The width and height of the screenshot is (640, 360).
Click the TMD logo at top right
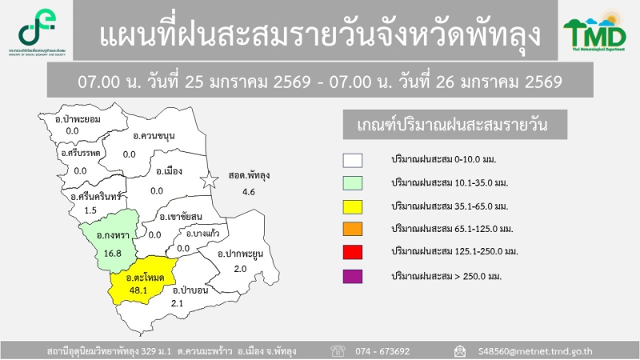point(594,33)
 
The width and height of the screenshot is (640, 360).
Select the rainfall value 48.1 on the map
point(139,290)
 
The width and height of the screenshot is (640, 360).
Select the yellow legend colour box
point(353,206)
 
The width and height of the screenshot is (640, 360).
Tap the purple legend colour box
point(353,276)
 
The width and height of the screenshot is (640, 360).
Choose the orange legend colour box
point(353,230)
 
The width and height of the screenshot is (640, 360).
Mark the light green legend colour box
point(353,183)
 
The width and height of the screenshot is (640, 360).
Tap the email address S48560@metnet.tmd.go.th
point(535,350)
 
